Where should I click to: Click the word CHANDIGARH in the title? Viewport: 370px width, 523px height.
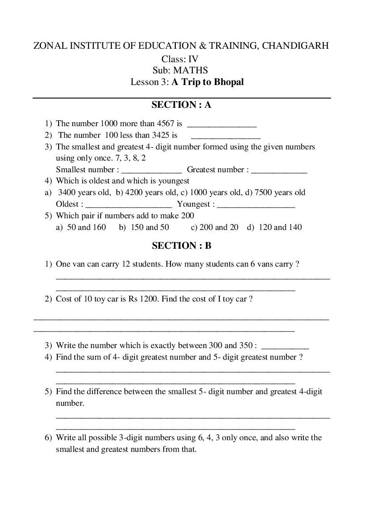295,46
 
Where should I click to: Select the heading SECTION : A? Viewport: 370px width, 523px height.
181,105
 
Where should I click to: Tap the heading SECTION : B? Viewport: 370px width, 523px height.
181,246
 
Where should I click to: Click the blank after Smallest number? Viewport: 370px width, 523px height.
151,170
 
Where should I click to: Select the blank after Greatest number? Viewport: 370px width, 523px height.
279,170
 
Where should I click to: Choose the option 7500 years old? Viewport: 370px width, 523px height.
280,192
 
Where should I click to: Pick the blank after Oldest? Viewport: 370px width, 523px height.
128,205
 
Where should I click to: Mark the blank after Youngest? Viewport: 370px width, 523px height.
256,205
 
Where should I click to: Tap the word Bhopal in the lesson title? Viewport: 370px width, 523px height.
229,82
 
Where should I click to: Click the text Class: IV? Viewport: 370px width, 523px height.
180,59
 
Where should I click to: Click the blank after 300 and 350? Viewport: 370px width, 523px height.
285,346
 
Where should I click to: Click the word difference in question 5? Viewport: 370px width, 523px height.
105,391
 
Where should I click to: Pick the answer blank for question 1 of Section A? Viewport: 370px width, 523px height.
221,124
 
